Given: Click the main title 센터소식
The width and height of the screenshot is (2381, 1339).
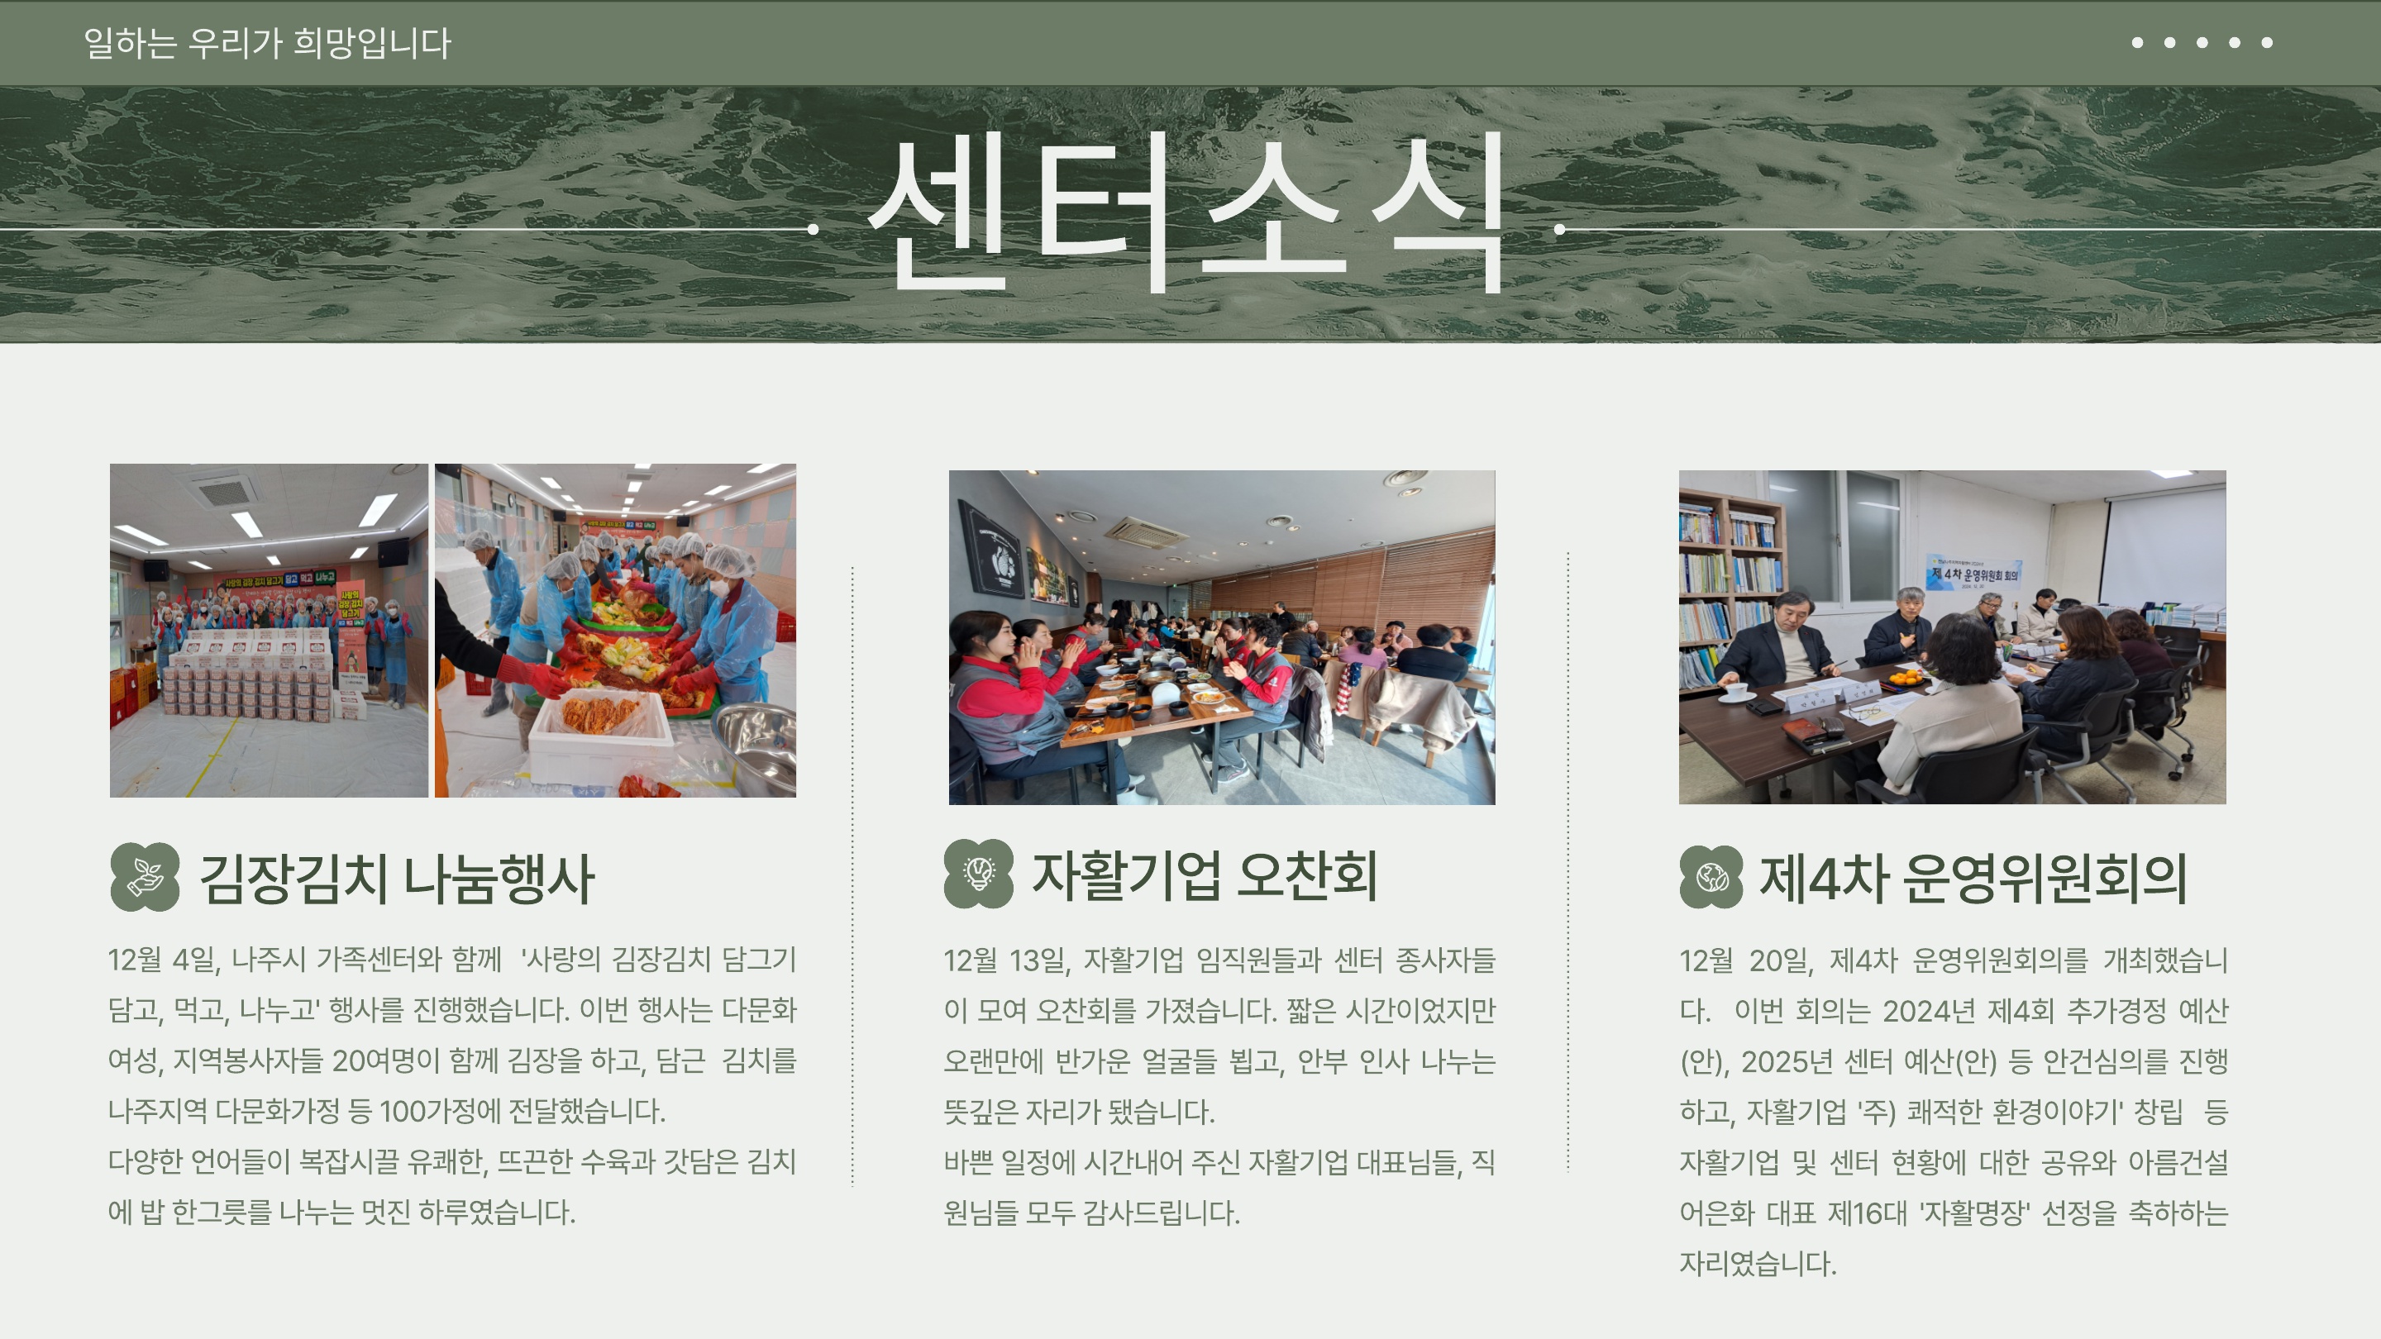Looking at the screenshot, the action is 1186,212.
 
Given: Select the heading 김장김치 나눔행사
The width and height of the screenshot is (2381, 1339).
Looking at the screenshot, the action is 397,878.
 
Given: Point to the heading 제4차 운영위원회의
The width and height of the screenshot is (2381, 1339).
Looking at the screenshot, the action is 1973,878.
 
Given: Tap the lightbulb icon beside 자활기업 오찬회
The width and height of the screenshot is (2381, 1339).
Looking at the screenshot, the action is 979,874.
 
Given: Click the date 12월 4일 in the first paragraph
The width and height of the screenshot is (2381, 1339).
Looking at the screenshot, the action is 164,959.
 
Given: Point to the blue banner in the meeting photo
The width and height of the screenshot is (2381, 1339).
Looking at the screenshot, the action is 1974,572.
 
